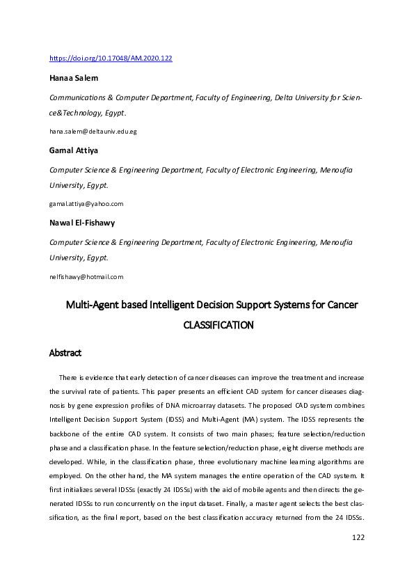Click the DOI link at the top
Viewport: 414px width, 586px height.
point(110,58)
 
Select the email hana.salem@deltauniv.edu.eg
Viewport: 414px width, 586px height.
point(93,132)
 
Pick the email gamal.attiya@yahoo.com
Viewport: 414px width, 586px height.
point(86,204)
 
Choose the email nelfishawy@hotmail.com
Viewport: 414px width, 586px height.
point(86,276)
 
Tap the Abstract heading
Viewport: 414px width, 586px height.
point(65,353)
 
